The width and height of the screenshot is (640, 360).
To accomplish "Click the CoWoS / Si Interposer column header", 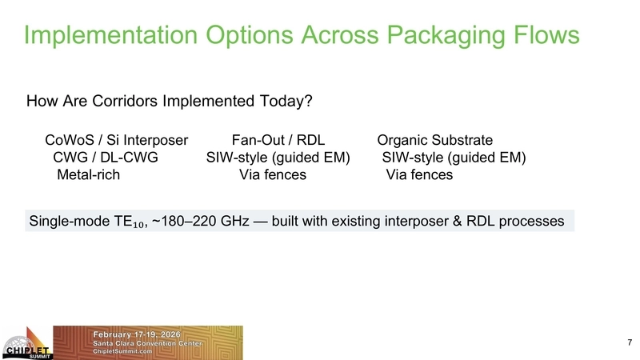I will (x=116, y=141).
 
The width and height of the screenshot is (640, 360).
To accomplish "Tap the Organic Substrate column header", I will (x=434, y=141).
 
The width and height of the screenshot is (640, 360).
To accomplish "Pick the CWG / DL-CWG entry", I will (x=105, y=158).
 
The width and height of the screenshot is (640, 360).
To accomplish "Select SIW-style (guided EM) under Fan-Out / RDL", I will (x=278, y=158).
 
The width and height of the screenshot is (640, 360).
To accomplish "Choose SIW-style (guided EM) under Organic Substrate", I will (x=454, y=158).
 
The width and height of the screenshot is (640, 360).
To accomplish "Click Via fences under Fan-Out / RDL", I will (x=273, y=174).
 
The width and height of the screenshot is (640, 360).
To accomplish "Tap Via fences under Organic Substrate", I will (x=419, y=174).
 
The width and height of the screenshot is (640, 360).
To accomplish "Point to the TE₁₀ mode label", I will (x=126, y=221).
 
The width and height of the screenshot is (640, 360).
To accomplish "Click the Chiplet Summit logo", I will (x=26, y=343).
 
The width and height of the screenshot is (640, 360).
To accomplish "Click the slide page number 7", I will (x=629, y=342).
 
